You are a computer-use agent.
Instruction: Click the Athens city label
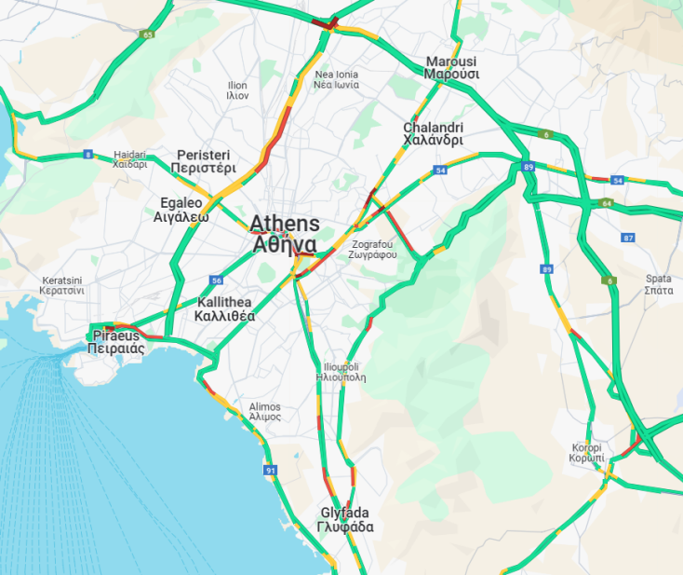click(285, 234)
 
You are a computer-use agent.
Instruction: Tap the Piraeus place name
click(114, 341)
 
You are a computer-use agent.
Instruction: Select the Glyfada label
click(345, 520)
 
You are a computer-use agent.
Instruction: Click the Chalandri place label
click(433, 133)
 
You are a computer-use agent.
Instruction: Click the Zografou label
click(374, 248)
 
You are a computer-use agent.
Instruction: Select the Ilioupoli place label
click(341, 372)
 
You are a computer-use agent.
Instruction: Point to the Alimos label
click(265, 412)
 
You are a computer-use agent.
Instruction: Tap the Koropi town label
click(587, 453)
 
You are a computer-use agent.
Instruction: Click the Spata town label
click(658, 284)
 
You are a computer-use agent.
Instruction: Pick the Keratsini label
click(62, 285)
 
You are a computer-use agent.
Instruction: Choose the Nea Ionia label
click(336, 79)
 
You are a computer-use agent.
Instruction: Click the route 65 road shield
click(147, 34)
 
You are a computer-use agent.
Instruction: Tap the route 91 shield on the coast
click(271, 472)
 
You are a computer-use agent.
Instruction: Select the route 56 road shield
click(216, 280)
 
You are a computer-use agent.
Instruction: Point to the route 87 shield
click(628, 238)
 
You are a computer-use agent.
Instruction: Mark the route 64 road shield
click(607, 202)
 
